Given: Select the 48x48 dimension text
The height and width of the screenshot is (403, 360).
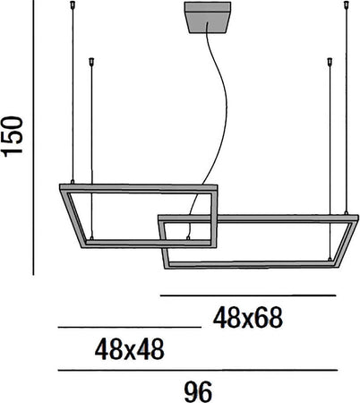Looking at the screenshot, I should pos(130,348).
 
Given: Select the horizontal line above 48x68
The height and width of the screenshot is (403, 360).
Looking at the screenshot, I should pos(247,295).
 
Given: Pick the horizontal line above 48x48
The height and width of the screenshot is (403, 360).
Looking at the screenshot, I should pos(130,328).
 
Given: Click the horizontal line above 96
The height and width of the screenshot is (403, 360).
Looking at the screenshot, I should pos(197,370).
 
